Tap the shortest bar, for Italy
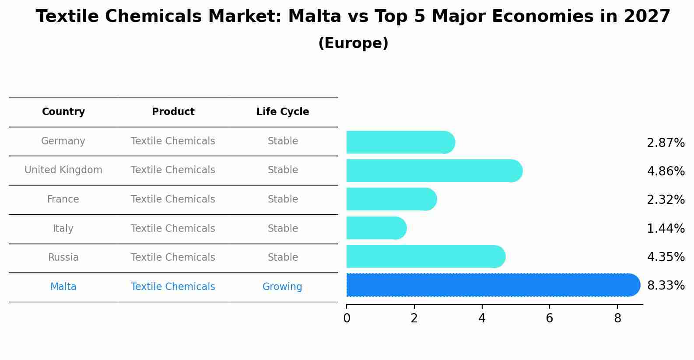[x=375, y=228]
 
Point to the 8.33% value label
[x=666, y=286]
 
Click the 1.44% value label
[x=666, y=228]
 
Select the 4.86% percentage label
[x=666, y=171]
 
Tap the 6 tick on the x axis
[x=550, y=318]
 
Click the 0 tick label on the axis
[x=347, y=318]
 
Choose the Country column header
[x=63, y=112]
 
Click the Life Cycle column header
[x=283, y=112]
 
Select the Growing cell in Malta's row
[x=282, y=287]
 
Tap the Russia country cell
[x=63, y=258]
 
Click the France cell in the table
[x=63, y=199]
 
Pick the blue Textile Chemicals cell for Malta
[x=173, y=287]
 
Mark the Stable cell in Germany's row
[x=283, y=141]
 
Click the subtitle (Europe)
[x=353, y=43]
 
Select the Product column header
[x=173, y=112]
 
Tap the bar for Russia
[x=424, y=256]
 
